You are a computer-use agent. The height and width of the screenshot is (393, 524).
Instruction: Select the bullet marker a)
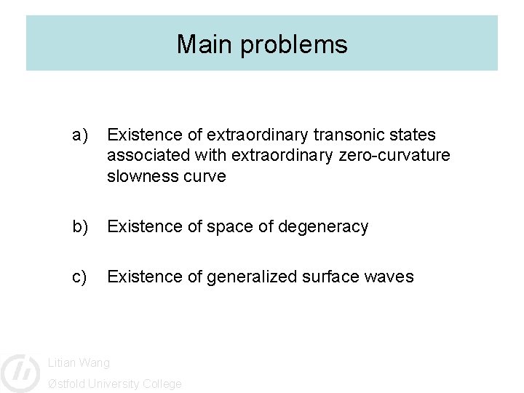(79, 135)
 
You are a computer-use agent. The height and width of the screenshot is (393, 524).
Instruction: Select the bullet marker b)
(79, 226)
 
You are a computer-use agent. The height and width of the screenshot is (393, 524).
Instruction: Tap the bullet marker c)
(79, 277)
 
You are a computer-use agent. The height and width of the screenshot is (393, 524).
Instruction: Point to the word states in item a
(413, 135)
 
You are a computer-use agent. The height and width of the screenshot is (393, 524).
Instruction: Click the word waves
(392, 277)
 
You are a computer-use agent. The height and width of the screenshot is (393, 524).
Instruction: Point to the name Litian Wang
(79, 362)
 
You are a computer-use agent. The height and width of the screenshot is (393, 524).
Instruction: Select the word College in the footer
(162, 384)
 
